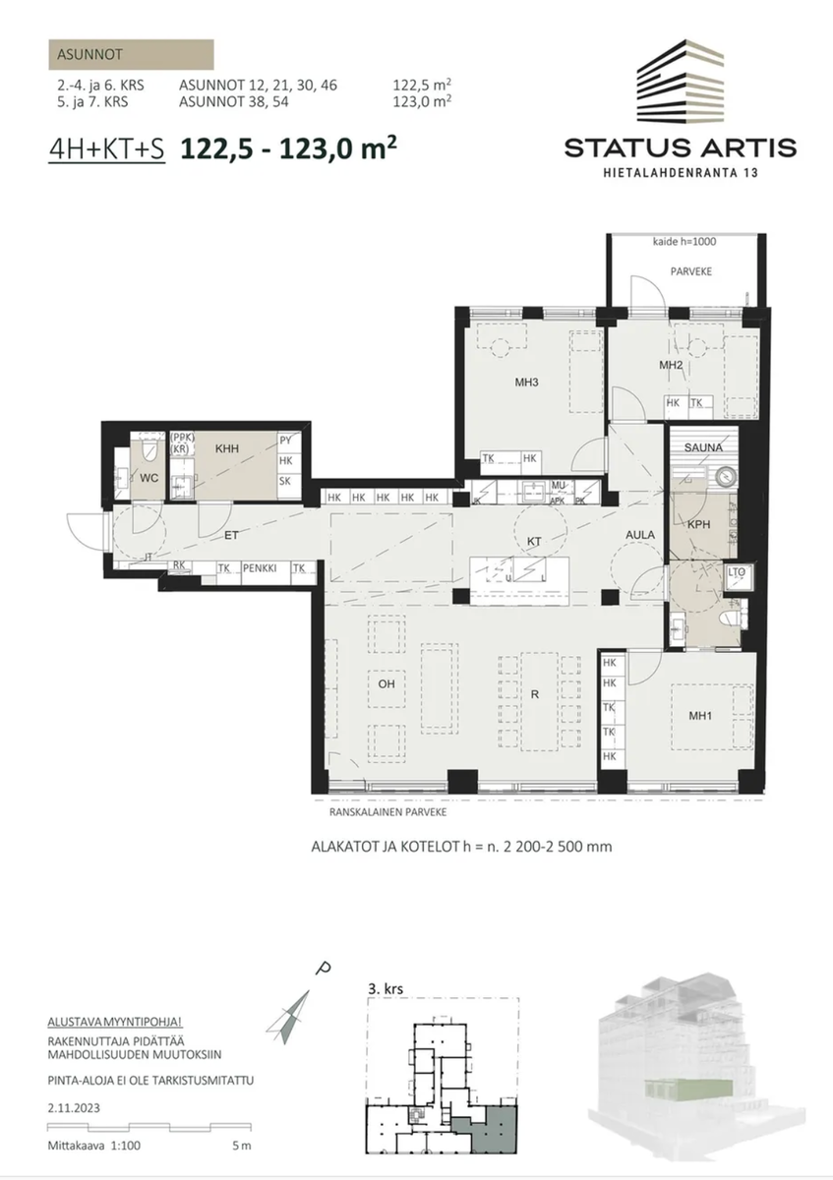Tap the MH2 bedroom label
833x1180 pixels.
click(671, 366)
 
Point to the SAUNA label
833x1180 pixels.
click(705, 447)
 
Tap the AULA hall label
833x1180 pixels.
click(640, 534)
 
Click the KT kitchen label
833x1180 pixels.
click(535, 541)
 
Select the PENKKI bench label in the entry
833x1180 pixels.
click(261, 567)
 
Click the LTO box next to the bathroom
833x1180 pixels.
click(737, 571)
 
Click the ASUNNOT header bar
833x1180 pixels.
click(130, 55)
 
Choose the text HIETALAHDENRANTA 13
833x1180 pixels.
click(681, 173)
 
